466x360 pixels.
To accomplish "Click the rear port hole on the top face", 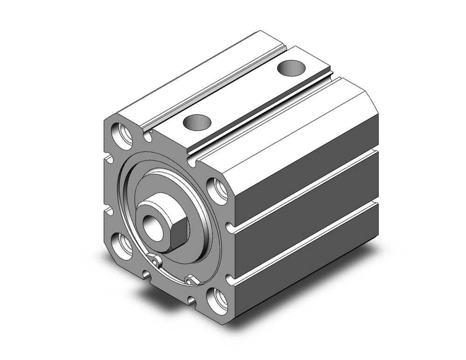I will pyautogui.click(x=292, y=68).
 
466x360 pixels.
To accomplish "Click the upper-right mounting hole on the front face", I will pyautogui.click(x=217, y=190).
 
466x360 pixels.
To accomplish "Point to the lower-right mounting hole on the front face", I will pyautogui.click(x=217, y=299).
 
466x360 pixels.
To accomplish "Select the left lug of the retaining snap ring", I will pyautogui.click(x=157, y=260).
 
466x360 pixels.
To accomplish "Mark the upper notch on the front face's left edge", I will pyautogui.click(x=109, y=159).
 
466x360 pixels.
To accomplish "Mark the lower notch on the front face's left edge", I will pyautogui.click(x=109, y=211).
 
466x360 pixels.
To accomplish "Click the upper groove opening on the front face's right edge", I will pyautogui.click(x=230, y=228).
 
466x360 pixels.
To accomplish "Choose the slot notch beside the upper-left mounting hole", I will pyautogui.click(x=148, y=136).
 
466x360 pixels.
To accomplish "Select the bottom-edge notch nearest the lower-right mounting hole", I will pyautogui.click(x=192, y=299).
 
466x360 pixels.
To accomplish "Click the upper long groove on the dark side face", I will pyautogui.click(x=308, y=187).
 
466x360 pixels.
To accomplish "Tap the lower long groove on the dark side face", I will pyautogui.click(x=308, y=238).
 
